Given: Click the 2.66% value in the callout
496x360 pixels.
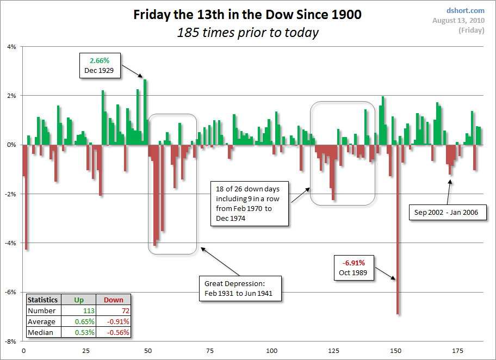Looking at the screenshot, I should pos(100,60).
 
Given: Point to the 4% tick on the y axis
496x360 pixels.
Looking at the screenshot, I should pos(11,47).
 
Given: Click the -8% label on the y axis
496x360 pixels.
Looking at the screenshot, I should pos(10,342).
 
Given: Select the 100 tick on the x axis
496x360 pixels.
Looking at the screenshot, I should pos(272,351).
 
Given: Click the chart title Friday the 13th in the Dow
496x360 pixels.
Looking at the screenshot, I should pos(247,15).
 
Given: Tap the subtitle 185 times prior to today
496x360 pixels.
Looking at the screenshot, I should pos(247,33).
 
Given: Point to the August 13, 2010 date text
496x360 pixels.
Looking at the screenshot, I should pos(458,21).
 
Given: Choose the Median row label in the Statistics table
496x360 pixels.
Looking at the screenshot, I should pos(41,332).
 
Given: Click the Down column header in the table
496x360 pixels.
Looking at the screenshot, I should pos(113,300).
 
